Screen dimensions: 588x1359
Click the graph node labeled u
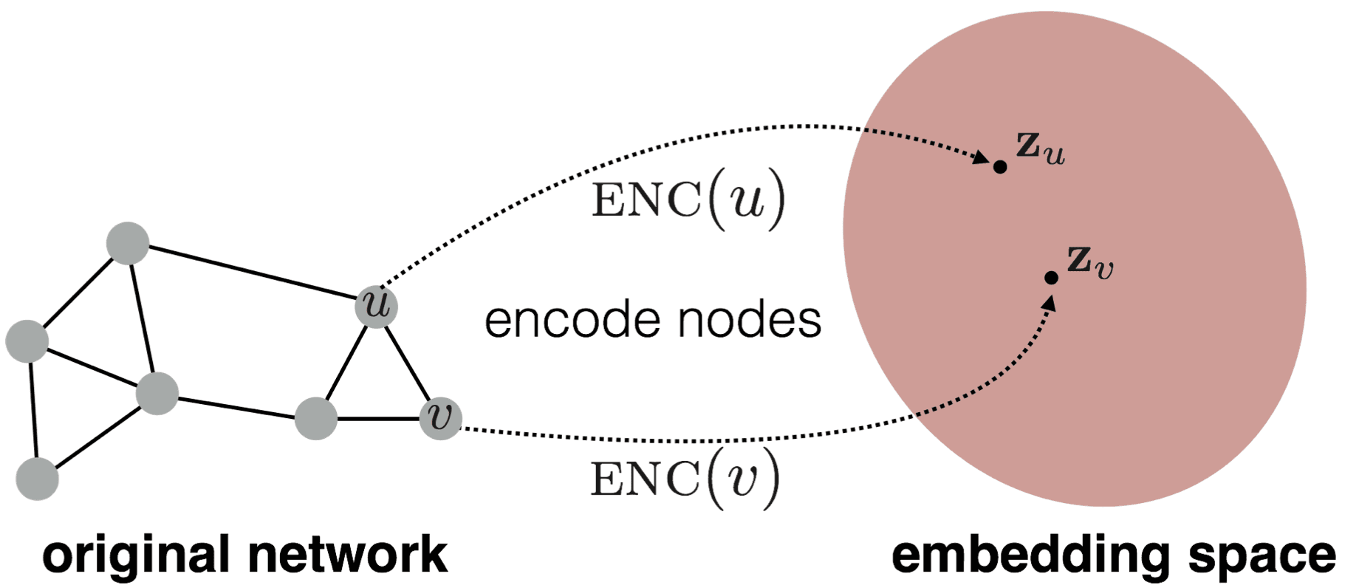pyautogui.click(x=377, y=306)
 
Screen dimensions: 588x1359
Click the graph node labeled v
pyautogui.click(x=440, y=418)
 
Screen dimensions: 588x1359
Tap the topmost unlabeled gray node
pyautogui.click(x=128, y=243)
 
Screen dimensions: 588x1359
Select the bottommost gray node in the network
pyautogui.click(x=37, y=479)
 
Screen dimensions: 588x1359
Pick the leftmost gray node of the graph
pyautogui.click(x=27, y=341)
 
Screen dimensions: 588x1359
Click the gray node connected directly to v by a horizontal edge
pyautogui.click(x=316, y=419)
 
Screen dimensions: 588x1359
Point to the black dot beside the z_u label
pyautogui.click(x=1000, y=167)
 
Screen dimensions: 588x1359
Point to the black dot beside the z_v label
pyautogui.click(x=1051, y=278)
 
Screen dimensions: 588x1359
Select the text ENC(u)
pyautogui.click(x=688, y=199)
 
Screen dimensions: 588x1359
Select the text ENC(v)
pyautogui.click(x=685, y=479)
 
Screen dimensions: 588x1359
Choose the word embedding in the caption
pyautogui.click(x=1030, y=555)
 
